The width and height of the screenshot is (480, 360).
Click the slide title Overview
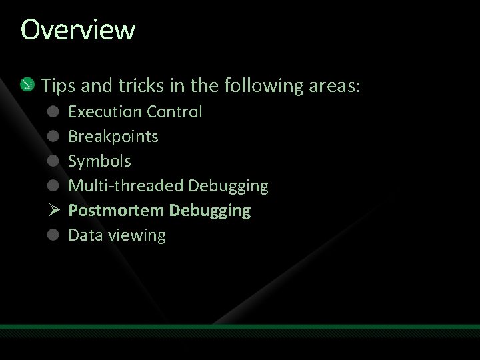(78, 30)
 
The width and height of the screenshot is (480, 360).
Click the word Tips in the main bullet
(57, 85)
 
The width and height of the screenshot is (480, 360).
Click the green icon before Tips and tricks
(27, 85)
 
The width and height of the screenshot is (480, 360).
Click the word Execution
(105, 111)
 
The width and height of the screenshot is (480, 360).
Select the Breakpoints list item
(113, 136)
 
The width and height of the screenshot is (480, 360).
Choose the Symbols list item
(100, 161)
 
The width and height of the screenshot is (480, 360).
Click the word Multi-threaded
(126, 185)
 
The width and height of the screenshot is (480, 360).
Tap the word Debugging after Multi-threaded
(229, 186)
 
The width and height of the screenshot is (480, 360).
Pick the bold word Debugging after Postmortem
(210, 211)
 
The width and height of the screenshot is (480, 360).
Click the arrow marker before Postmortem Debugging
(54, 211)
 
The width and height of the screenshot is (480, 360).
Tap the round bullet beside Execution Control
(54, 111)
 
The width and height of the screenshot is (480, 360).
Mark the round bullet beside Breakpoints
(54, 136)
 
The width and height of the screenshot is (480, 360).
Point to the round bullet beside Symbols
(54, 161)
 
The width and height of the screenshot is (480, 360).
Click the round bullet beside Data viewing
(54, 235)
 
